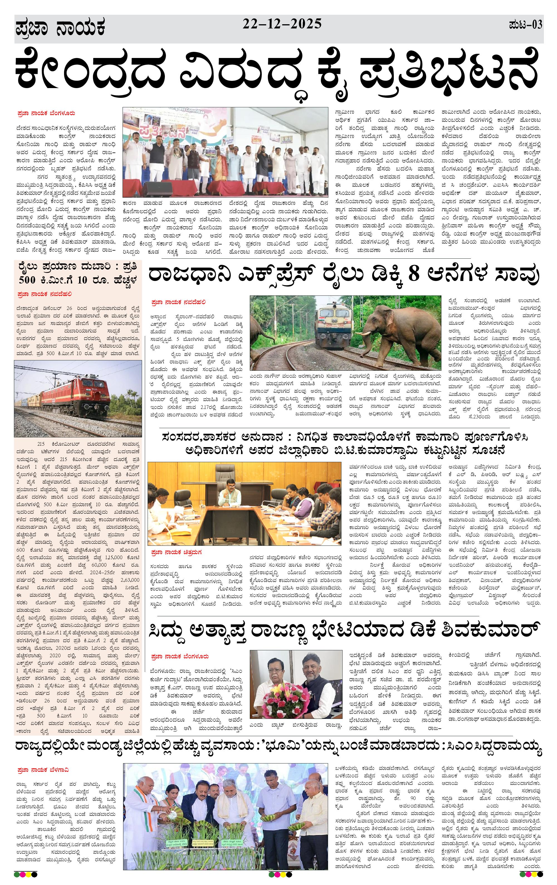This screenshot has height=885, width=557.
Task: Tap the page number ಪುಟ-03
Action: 526,25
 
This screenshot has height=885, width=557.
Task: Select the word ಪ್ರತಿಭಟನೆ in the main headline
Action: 449,75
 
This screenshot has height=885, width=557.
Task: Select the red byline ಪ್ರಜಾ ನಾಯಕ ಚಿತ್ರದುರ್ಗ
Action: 176,552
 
